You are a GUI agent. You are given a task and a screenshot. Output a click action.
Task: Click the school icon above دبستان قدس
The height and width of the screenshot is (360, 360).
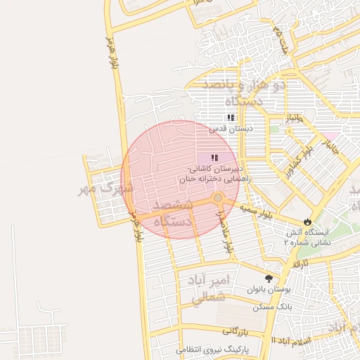click(x=230, y=118)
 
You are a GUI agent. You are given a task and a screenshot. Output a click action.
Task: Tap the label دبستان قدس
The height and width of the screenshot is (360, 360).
click(x=230, y=129)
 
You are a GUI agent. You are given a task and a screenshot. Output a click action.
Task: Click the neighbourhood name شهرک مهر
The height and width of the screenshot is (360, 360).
click(x=106, y=188)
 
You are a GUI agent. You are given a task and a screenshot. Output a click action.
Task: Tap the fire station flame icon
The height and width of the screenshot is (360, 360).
click(x=308, y=221)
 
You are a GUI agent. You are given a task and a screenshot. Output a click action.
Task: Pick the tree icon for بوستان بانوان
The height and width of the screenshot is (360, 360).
click(x=269, y=278)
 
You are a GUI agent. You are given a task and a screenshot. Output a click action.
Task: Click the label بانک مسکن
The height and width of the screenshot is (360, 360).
click(x=275, y=307)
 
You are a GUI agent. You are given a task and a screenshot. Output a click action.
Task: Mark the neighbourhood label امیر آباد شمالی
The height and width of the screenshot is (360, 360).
click(x=210, y=289)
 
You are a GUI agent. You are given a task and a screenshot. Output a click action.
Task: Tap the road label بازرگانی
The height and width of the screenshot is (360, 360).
click(x=239, y=329)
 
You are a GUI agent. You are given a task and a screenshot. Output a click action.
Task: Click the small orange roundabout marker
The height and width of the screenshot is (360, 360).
click(x=218, y=198)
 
